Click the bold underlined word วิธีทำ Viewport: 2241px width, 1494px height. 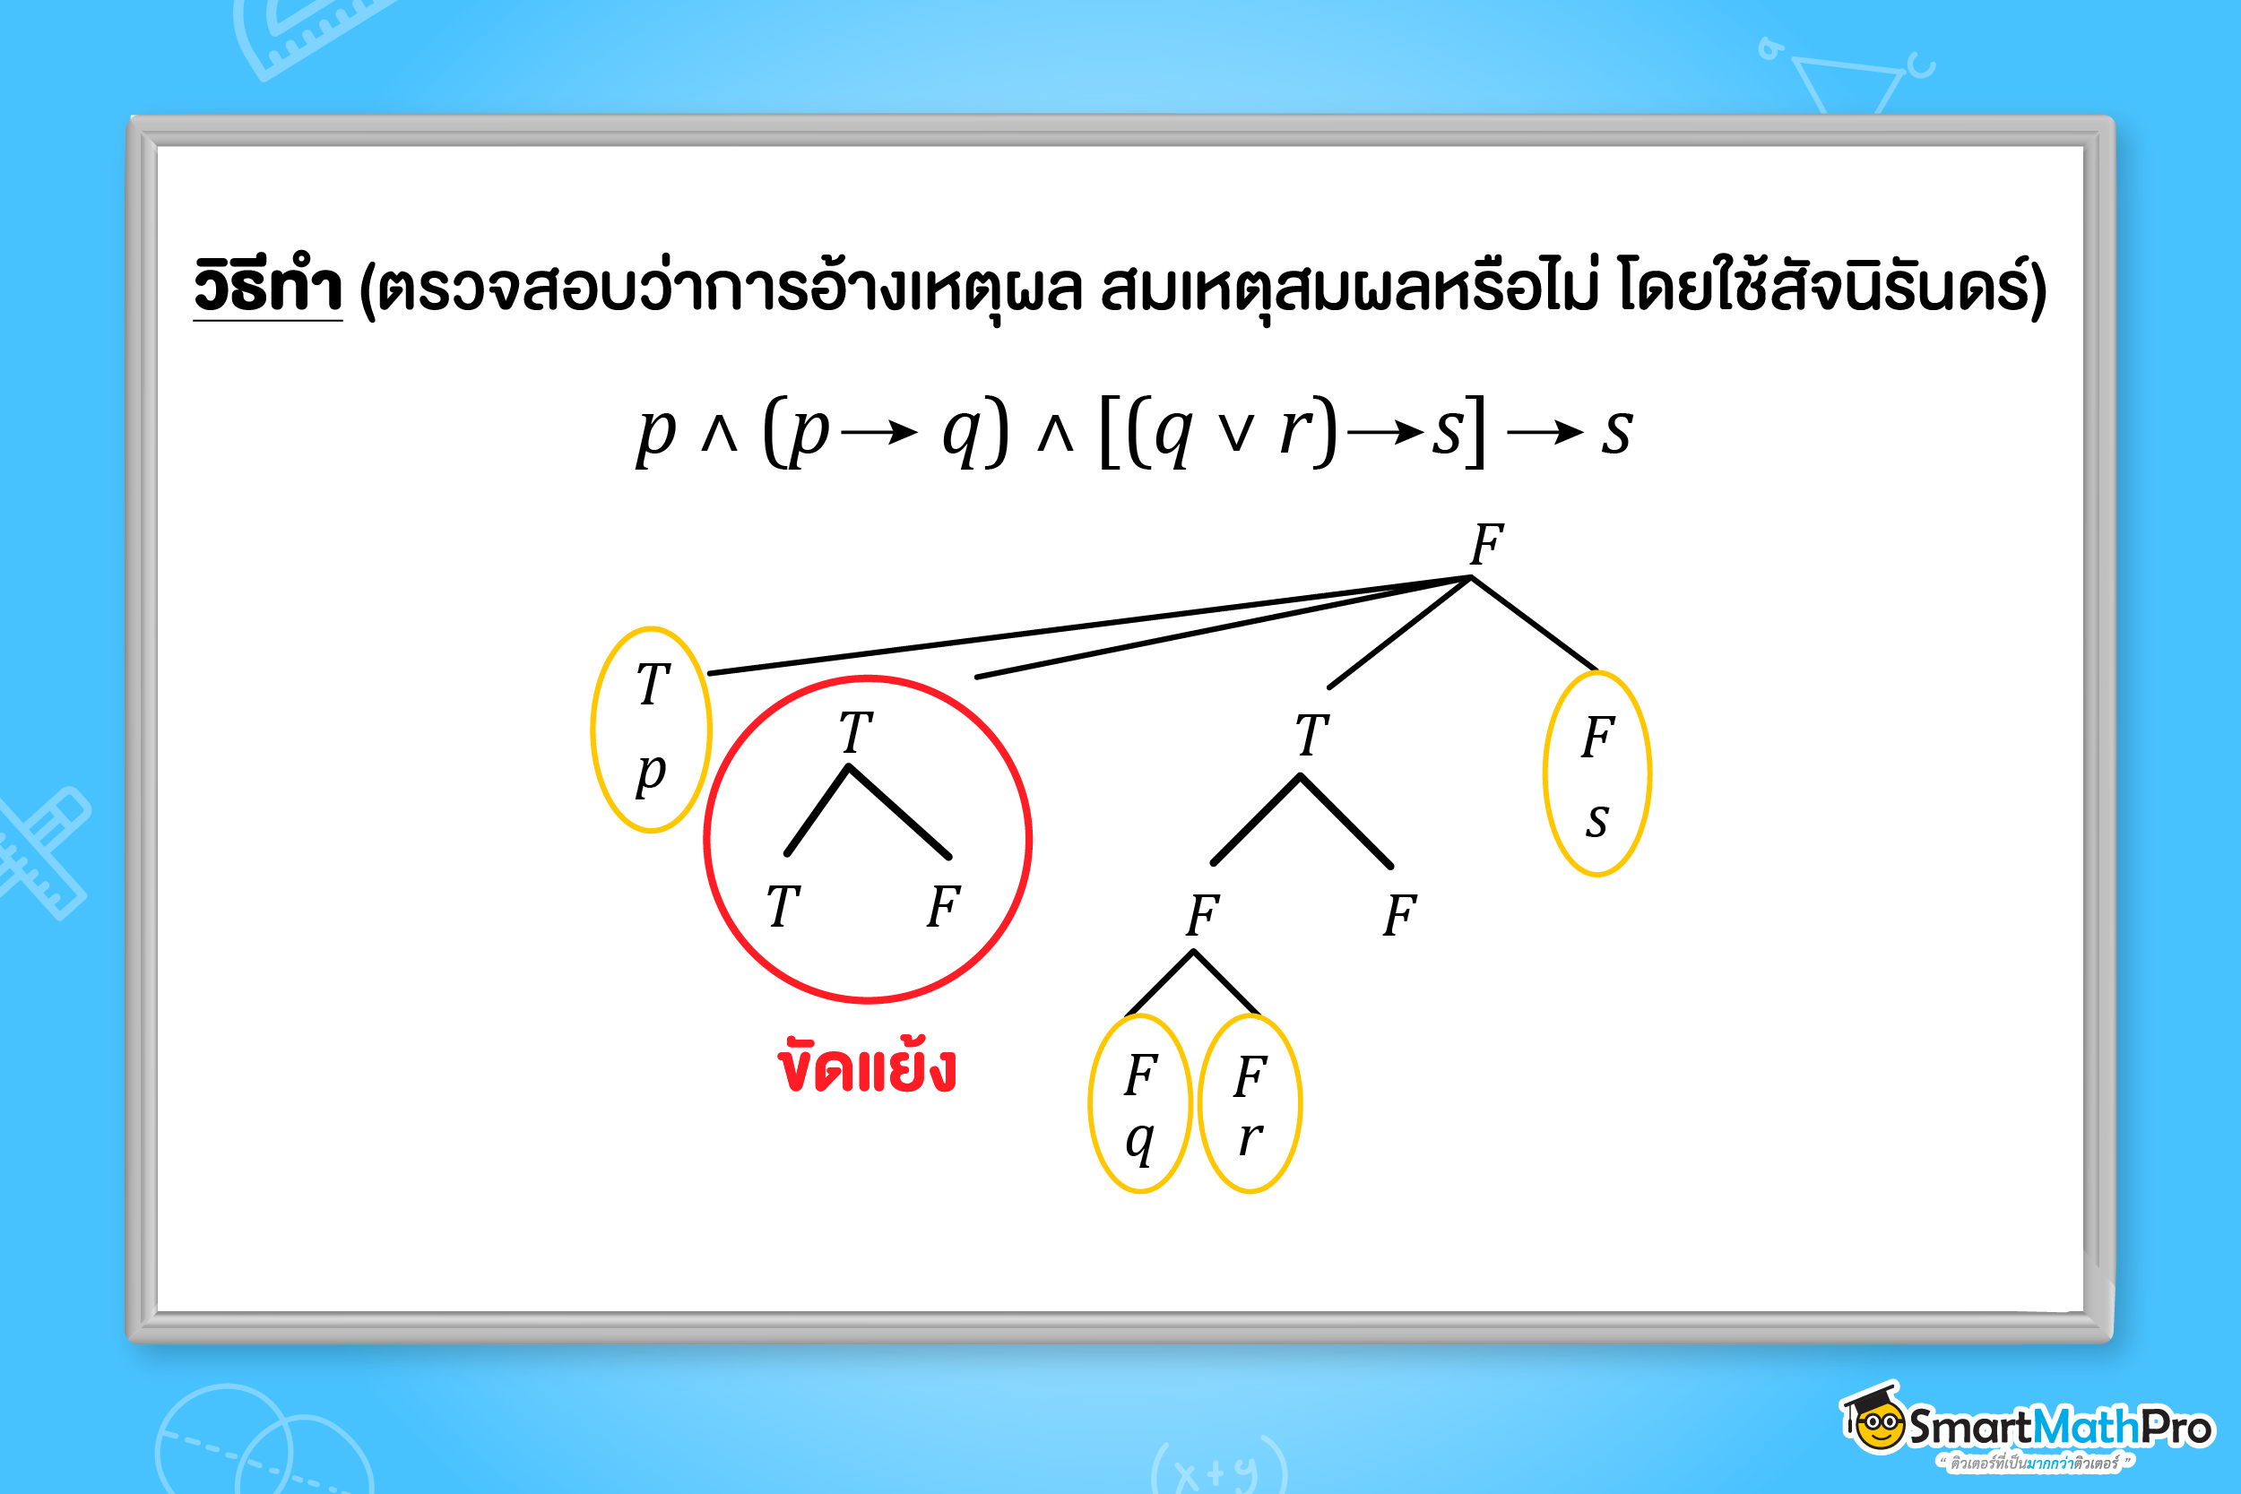(268, 286)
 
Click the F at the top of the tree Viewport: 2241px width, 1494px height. (1486, 545)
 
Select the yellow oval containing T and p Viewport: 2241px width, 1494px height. (651, 730)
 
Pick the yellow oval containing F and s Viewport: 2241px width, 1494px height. (1596, 773)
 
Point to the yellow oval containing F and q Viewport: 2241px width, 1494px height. (1140, 1103)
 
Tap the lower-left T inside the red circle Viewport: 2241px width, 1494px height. (783, 906)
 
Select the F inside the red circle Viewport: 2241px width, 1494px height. (943, 906)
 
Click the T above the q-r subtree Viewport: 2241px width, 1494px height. (1312, 736)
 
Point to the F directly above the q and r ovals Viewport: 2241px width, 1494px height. (1202, 916)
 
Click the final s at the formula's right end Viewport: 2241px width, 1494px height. (1617, 431)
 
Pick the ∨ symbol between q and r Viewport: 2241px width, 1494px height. (1236, 435)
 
